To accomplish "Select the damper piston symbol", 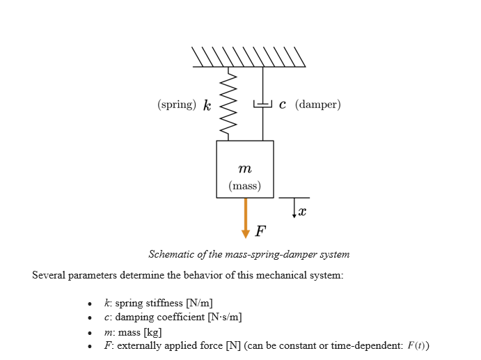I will pos(262,104).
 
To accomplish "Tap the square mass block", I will pos(245,169).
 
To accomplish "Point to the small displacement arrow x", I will pos(294,208).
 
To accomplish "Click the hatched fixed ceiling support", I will pos(249,57).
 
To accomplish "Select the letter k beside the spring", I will pos(207,105).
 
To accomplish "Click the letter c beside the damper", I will pos(282,105).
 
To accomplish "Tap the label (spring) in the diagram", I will pos(177,105).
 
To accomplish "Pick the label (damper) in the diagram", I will pos(317,105).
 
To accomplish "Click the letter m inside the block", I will pos(244,169).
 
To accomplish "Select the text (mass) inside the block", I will pos(245,186).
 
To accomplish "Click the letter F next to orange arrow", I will pos(260,230).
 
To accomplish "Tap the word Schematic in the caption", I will pos(171,254).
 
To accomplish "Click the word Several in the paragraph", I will pos(49,275).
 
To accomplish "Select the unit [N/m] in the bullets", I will pos(199,303).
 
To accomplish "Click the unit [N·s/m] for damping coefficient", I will pos(224,318).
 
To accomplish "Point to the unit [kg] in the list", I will pos(152,332).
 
